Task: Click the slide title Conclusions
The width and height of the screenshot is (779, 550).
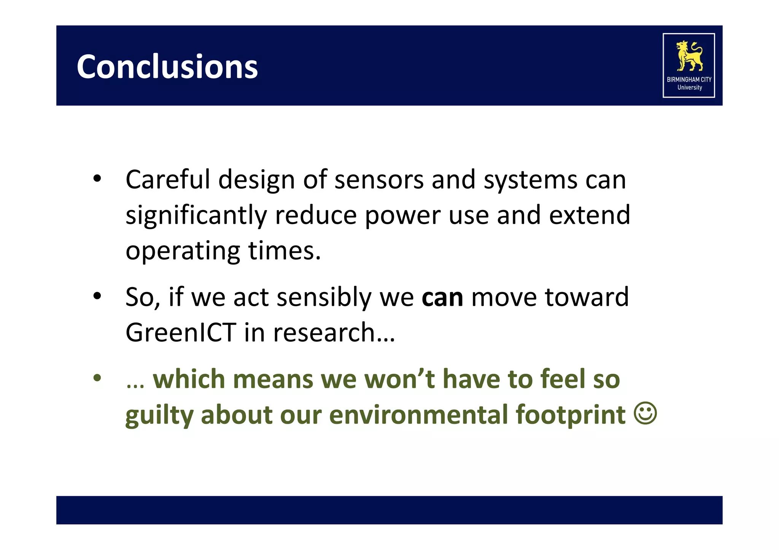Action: pos(167,67)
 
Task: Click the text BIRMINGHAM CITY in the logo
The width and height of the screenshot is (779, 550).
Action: pos(689,79)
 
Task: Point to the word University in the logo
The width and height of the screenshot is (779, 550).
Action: pos(689,87)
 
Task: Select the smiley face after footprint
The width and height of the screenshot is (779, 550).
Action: pos(645,413)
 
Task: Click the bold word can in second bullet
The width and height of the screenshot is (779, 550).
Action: pos(442,297)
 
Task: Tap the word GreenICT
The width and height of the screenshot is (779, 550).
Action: pos(181,332)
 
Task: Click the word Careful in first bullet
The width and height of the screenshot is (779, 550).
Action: pos(168,179)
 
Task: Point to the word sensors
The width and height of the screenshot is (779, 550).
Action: pos(378,179)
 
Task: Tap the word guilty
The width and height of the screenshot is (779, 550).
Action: pos(159,415)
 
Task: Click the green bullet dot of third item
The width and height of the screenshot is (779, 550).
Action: pos(97,378)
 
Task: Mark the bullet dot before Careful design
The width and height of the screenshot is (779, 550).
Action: pos(97,179)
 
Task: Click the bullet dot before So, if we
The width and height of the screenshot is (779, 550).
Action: pos(97,296)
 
